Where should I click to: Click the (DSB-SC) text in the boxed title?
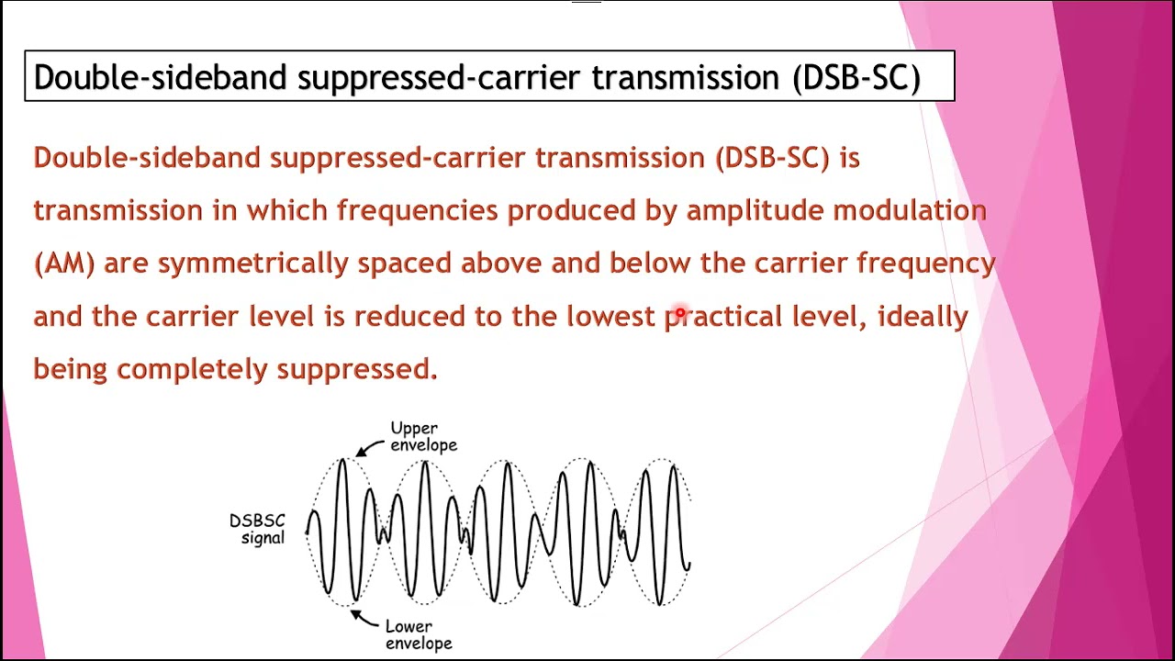pyautogui.click(x=856, y=78)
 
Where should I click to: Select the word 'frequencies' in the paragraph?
pyautogui.click(x=418, y=211)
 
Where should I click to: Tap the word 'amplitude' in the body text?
pyautogui.click(x=755, y=211)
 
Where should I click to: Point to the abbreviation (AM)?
pyautogui.click(x=64, y=264)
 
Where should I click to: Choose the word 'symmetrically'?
pyautogui.click(x=252, y=264)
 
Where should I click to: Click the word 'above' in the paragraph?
pyautogui.click(x=501, y=264)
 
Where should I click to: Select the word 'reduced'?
pyautogui.click(x=409, y=317)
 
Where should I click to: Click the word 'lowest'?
pyautogui.click(x=610, y=317)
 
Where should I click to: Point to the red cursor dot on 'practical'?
pyautogui.click(x=680, y=313)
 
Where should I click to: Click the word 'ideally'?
pyautogui.click(x=923, y=317)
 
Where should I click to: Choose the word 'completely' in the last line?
pyautogui.click(x=193, y=369)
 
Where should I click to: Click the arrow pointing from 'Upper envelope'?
pyautogui.click(x=371, y=448)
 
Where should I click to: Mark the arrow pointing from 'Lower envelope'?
pyautogui.click(x=364, y=617)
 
